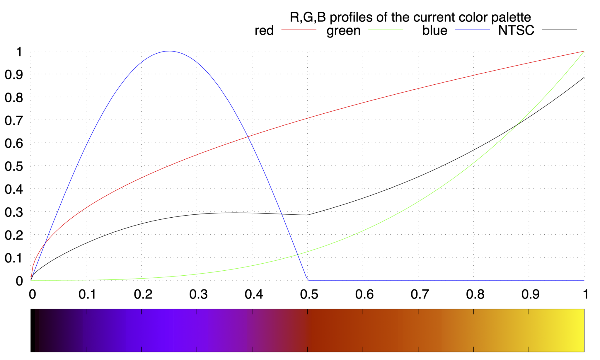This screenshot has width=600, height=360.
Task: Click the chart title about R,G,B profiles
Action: click(x=410, y=17)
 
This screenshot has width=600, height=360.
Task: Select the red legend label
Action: click(x=264, y=30)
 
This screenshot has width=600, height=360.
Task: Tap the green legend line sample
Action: click(x=385, y=30)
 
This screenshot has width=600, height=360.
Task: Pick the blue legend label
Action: click(x=434, y=30)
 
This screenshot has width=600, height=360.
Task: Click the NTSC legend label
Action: click(x=516, y=30)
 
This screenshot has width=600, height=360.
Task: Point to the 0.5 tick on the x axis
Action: click(x=308, y=280)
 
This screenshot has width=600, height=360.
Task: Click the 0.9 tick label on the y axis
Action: click(x=14, y=75)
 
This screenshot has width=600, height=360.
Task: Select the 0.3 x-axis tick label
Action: click(x=198, y=294)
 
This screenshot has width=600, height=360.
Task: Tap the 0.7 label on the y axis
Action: click(x=14, y=120)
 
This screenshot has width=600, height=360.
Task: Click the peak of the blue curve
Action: click(x=169, y=51)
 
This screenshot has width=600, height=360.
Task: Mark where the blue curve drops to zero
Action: click(x=308, y=280)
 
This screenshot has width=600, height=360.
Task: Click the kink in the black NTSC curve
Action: click(x=307, y=215)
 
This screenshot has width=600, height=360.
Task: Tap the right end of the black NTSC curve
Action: click(x=584, y=78)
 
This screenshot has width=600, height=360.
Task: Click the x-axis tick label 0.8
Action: click(x=475, y=294)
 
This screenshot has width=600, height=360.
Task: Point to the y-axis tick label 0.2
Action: click(x=14, y=235)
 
